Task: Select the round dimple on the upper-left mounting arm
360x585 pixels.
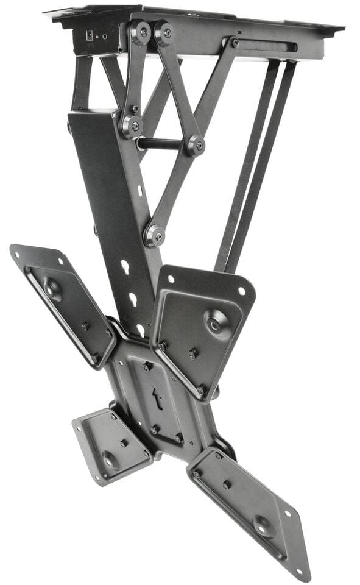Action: pos(51,289)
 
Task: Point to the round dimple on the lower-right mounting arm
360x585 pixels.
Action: pos(264,525)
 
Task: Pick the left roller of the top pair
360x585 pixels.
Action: pos(139,32)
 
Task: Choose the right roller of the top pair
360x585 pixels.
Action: pos(163,33)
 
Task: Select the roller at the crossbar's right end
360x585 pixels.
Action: pos(196,146)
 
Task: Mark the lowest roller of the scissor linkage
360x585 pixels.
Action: pos(154,235)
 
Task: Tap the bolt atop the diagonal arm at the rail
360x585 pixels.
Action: pos(234,43)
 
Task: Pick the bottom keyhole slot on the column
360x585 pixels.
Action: pos(141,330)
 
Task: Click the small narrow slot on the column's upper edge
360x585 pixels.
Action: pos(139,191)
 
